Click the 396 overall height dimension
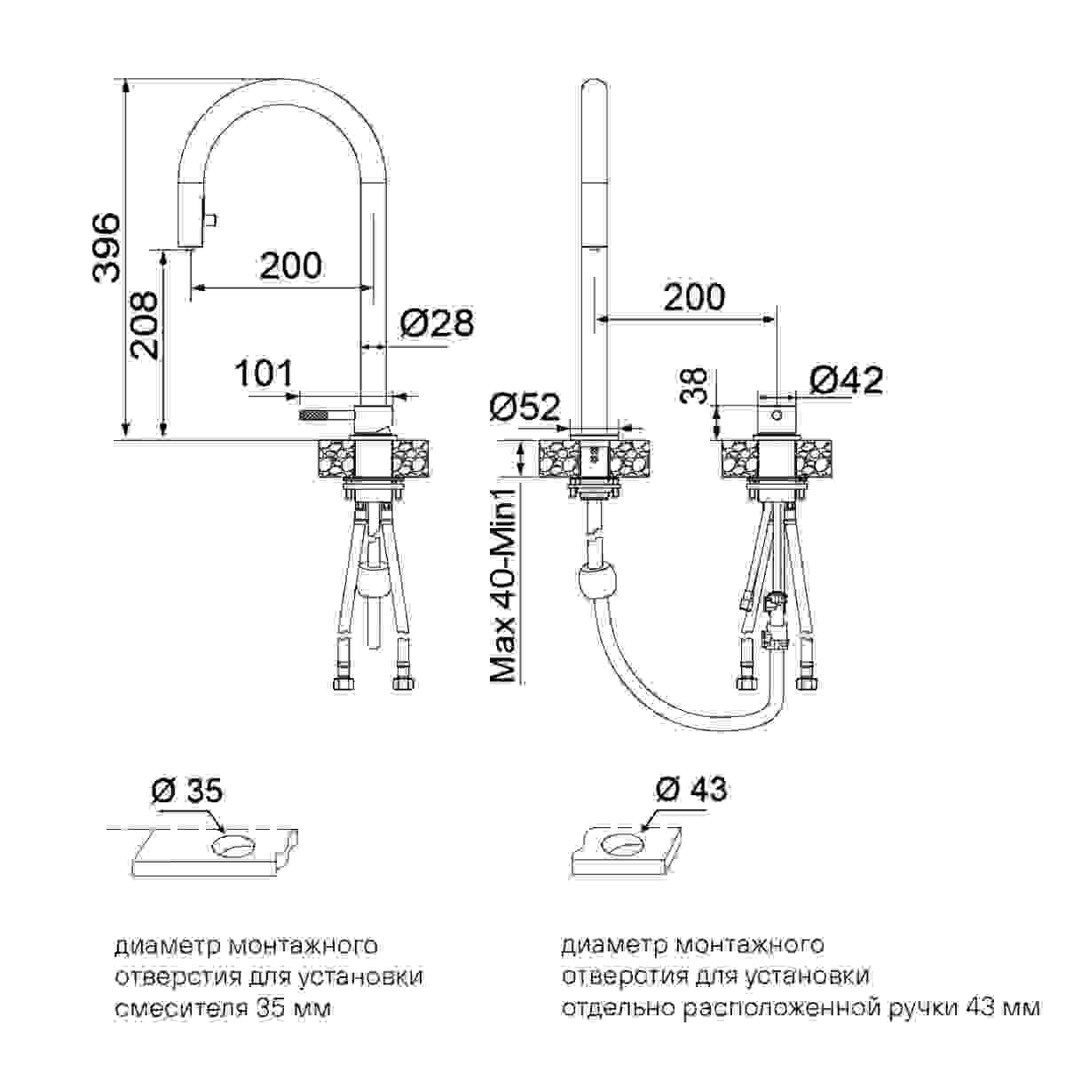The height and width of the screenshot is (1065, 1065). tap(106, 248)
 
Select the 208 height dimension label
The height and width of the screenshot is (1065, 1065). tap(144, 326)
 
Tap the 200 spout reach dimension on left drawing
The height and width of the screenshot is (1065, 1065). tap(290, 264)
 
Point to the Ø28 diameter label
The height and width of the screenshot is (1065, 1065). tap(436, 324)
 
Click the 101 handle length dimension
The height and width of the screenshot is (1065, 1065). tap(264, 374)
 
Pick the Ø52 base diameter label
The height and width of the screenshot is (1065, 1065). tap(525, 406)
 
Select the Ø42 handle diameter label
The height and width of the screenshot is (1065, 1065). tap(846, 380)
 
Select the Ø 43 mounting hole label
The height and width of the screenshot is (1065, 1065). tap(690, 787)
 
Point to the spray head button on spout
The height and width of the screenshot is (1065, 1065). tap(214, 217)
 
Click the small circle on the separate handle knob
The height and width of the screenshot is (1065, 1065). tap(777, 414)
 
